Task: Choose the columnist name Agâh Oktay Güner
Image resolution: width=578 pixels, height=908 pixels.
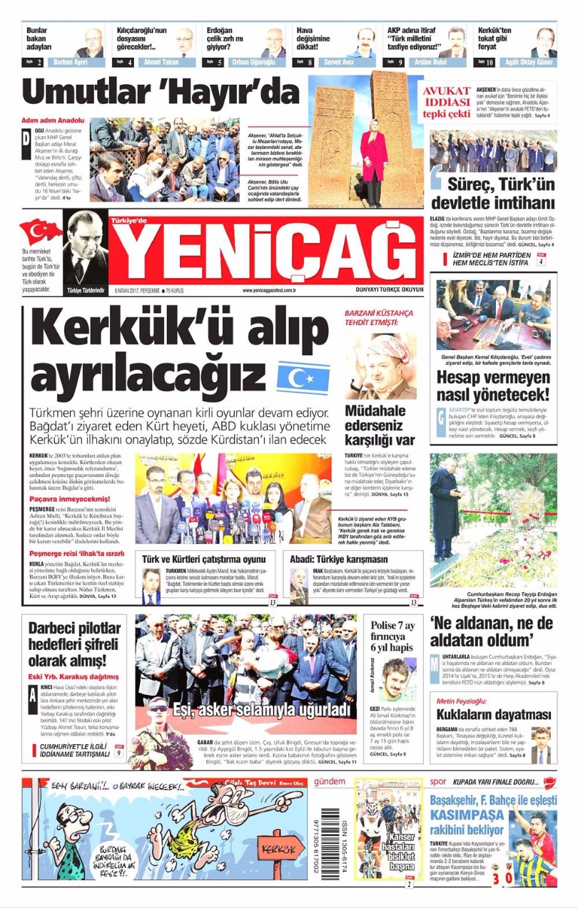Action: click(x=529, y=63)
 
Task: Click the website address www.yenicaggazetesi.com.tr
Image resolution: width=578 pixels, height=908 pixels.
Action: click(x=269, y=291)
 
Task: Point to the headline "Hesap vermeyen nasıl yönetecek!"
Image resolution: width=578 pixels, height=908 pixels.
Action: click(x=493, y=385)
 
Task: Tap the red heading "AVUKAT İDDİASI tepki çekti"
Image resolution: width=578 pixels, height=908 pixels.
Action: click(x=447, y=102)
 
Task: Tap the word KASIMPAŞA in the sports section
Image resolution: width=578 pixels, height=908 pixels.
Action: click(x=467, y=813)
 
